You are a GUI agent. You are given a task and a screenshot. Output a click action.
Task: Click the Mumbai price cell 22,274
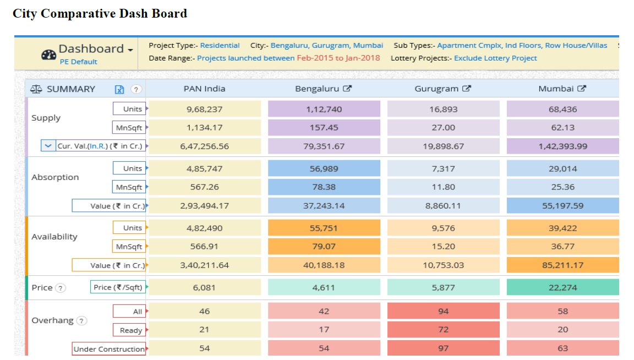pyautogui.click(x=562, y=287)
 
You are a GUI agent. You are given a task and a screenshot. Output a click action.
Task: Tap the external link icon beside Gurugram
pyautogui.click(x=467, y=89)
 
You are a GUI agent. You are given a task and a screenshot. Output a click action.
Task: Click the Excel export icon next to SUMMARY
pyautogui.click(x=119, y=89)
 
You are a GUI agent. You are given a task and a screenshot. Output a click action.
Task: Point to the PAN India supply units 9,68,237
pyautogui.click(x=205, y=109)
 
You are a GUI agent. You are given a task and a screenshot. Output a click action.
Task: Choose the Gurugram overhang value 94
pyautogui.click(x=443, y=312)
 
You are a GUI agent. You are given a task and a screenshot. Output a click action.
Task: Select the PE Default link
pyautogui.click(x=78, y=62)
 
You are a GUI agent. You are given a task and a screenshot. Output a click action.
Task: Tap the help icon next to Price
pyautogui.click(x=61, y=288)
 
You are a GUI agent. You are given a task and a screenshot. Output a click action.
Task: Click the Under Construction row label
pyautogui.click(x=109, y=349)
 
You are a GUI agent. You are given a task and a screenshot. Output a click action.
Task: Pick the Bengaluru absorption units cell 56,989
pyautogui.click(x=324, y=168)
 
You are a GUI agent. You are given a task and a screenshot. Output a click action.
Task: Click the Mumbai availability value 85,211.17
pyautogui.click(x=562, y=265)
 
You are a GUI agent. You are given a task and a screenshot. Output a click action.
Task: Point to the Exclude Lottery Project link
pyautogui.click(x=495, y=58)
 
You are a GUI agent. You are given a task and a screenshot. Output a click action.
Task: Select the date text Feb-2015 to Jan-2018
pyautogui.click(x=338, y=58)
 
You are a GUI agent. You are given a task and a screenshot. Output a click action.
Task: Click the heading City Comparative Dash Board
pyautogui.click(x=100, y=13)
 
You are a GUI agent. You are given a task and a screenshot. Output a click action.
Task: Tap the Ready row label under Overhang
pyautogui.click(x=130, y=330)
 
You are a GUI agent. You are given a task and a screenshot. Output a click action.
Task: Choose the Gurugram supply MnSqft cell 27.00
pyautogui.click(x=443, y=128)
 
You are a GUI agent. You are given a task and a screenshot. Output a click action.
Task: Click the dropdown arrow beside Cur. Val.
pyautogui.click(x=48, y=146)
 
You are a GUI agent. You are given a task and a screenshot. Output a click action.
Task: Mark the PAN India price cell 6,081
pyautogui.click(x=205, y=287)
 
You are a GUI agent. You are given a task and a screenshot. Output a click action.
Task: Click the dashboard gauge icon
pyautogui.click(x=48, y=55)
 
